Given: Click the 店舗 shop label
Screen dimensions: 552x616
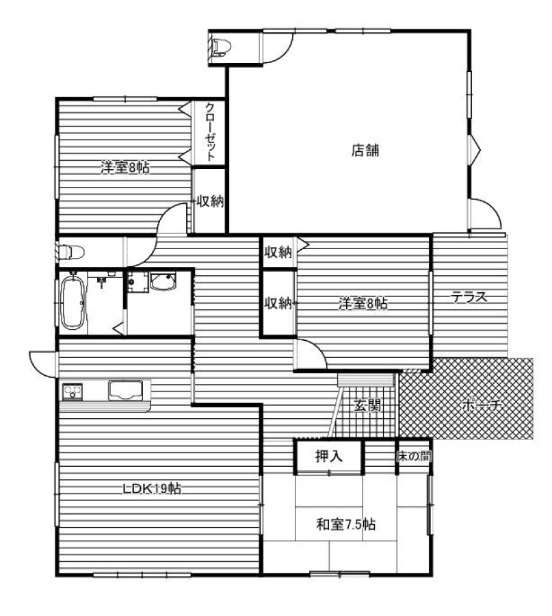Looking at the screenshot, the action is (365, 151).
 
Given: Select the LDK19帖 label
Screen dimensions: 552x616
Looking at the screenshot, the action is (152, 489).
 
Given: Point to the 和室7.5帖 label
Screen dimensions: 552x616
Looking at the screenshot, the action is (346, 524).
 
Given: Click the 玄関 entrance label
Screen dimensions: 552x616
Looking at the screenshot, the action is (367, 405).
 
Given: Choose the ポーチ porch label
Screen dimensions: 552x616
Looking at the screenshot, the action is (482, 405).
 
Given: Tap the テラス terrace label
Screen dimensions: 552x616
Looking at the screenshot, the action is (469, 297).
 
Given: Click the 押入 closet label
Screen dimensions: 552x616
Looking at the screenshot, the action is (329, 456).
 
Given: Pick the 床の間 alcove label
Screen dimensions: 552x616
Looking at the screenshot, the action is (414, 456).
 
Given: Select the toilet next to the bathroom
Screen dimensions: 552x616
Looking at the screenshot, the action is (70, 252).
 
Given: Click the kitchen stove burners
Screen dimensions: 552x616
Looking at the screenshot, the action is (73, 392).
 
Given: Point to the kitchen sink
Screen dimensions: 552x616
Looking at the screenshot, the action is (125, 391).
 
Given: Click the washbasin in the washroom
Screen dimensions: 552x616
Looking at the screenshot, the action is (163, 281).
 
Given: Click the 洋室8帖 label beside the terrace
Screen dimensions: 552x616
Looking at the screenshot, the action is (363, 303).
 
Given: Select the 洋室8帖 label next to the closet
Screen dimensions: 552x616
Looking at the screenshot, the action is (125, 168).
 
